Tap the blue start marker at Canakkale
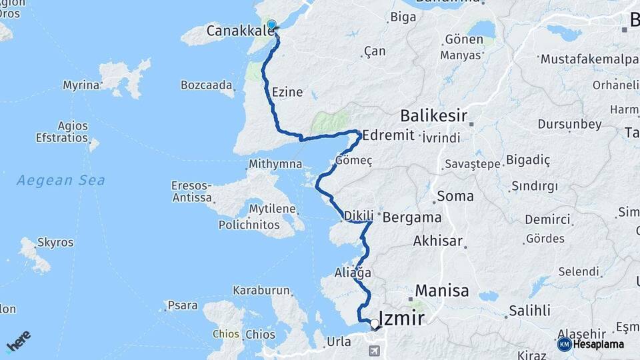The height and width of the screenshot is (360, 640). [271, 25]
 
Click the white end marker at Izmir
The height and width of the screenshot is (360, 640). [375, 324]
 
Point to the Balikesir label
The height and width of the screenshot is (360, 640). [433, 115]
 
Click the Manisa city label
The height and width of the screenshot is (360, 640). [442, 291]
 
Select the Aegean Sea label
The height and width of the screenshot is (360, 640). [61, 180]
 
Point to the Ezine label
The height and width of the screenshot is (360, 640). [287, 92]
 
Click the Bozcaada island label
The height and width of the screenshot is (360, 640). [207, 85]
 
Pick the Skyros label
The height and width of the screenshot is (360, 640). [55, 242]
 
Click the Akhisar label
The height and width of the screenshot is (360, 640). [437, 241]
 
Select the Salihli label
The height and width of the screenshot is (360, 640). [529, 310]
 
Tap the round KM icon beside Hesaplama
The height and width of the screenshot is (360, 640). [564, 344]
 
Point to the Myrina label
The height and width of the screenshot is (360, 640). [81, 85]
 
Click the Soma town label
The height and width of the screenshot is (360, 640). [455, 197]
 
